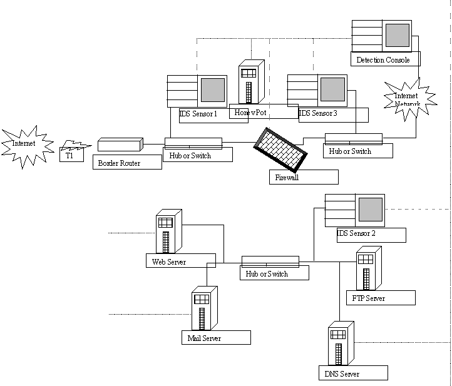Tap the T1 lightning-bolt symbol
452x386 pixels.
pos(74,148)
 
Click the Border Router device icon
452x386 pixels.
pos(120,145)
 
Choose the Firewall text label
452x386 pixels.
pos(288,178)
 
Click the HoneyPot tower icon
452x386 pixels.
pos(250,83)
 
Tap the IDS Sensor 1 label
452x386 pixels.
pos(198,114)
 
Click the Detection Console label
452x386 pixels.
pos(383,60)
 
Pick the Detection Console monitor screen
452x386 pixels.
pos(397,35)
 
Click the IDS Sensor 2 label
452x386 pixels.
pos(356,233)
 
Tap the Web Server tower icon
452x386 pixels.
pos(167,231)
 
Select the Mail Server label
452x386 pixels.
pos(204,338)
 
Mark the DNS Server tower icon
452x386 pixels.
pos(339,345)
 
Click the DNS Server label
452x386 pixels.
pos(342,374)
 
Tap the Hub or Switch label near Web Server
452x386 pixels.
pos(267,274)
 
